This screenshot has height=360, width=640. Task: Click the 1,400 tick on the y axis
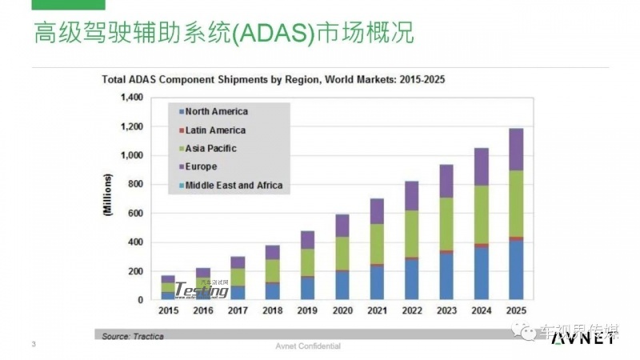[131, 98]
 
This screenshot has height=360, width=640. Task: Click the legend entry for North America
[216, 112]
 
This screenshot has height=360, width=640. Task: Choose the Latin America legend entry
[215, 130]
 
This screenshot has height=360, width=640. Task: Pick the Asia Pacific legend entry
[211, 149]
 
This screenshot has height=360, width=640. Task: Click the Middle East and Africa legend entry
[234, 186]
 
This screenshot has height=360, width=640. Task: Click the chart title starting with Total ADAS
[272, 80]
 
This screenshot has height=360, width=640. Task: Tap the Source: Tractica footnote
[133, 336]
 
